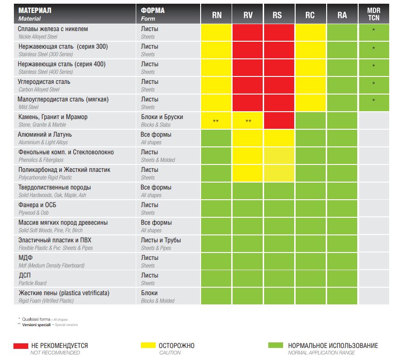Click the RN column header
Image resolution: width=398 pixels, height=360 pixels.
(216, 15)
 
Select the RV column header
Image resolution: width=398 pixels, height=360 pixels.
(248, 15)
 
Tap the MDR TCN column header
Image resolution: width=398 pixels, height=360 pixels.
(373, 15)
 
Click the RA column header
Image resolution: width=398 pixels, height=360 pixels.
(342, 15)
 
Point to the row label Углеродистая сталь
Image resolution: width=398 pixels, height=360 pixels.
(44, 82)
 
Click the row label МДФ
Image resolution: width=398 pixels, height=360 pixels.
(25, 258)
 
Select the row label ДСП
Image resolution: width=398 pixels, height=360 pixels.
(25, 276)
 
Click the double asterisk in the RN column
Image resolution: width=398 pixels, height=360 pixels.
(216, 121)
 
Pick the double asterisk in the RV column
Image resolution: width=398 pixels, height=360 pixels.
(248, 121)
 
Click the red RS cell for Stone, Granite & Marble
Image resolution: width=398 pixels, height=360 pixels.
(279, 121)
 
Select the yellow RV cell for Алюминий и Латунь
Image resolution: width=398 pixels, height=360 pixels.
(248, 138)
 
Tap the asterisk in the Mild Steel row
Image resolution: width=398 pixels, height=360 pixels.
(373, 101)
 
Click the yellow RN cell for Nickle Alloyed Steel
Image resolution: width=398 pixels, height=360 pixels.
(216, 32)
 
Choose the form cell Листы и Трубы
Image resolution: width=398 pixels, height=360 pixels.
(161, 240)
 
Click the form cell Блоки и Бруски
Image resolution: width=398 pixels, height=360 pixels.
(162, 117)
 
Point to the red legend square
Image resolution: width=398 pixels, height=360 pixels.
(20, 346)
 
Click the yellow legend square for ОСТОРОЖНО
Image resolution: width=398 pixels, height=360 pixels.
(147, 346)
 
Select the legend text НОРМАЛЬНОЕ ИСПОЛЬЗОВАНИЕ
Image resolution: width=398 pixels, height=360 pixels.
(333, 346)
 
